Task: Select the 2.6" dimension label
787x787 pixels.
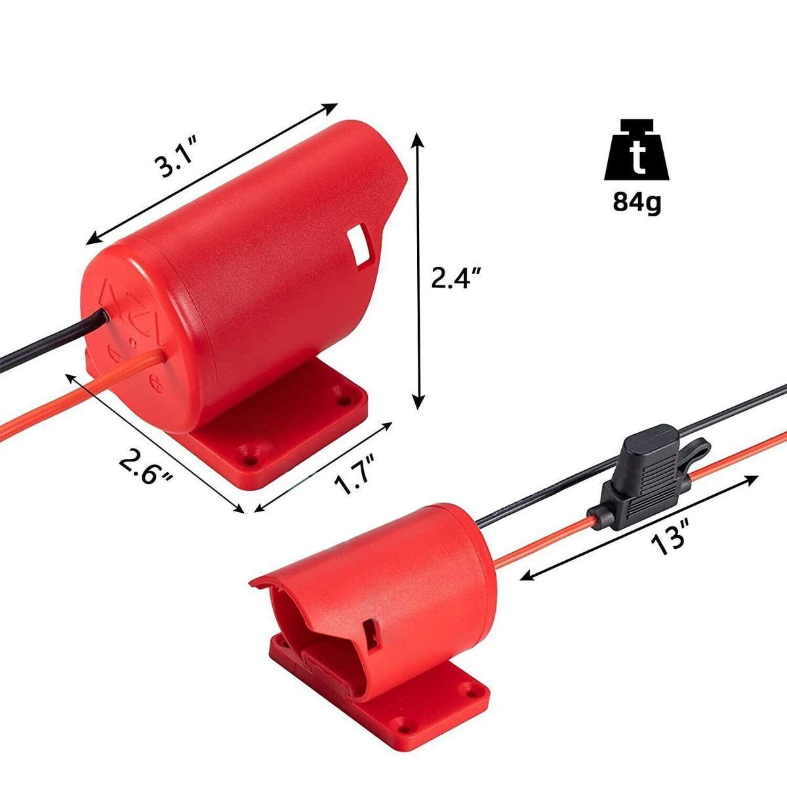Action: [145, 466]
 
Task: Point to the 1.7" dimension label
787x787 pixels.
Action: [354, 474]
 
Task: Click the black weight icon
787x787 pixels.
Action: [637, 151]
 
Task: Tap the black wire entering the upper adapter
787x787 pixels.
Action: [46, 341]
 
